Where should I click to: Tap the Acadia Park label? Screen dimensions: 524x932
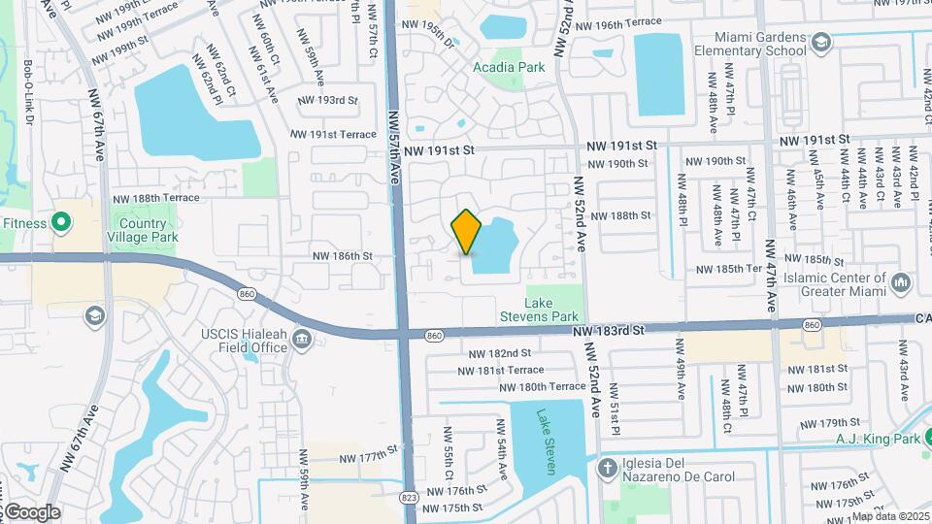click(508, 68)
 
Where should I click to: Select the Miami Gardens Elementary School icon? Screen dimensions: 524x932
click(821, 42)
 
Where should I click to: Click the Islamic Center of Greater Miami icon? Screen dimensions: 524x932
click(902, 283)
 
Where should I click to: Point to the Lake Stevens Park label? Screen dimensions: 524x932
click(552, 310)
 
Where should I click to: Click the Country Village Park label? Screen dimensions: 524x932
click(143, 230)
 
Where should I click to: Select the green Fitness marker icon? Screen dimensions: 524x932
click(61, 223)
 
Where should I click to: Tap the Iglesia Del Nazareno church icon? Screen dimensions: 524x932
click(608, 469)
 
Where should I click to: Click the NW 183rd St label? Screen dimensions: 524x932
click(609, 331)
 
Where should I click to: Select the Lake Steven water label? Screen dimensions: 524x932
click(548, 442)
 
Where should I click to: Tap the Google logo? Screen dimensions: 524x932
click(31, 511)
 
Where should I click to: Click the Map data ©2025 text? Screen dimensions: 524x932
click(890, 516)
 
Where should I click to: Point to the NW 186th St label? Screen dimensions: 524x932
click(342, 256)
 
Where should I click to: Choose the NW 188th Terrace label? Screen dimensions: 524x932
click(155, 198)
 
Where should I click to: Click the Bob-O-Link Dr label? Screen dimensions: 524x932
click(29, 94)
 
